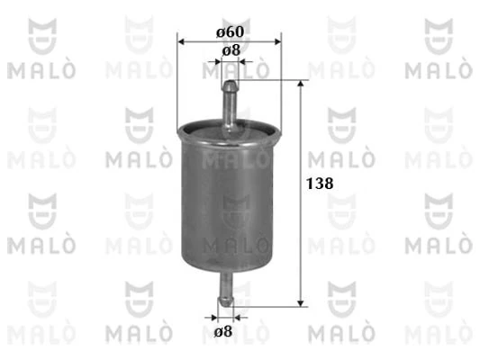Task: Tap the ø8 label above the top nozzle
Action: pyautogui.click(x=231, y=50)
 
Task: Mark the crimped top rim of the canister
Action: pyautogui.click(x=230, y=130)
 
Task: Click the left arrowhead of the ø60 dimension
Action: pyautogui.click(x=184, y=41)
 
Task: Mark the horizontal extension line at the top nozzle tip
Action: pyautogui.click(x=270, y=80)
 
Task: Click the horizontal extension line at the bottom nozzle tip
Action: pyautogui.click(x=270, y=305)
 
